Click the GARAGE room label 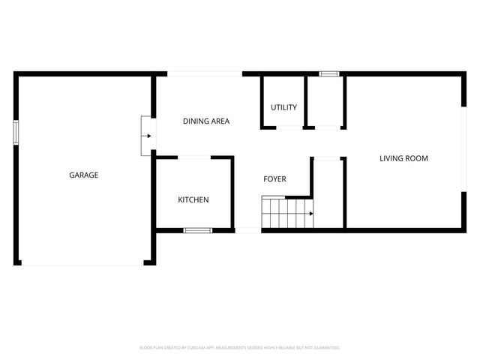pos(84,175)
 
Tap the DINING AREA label pos(206,121)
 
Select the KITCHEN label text pos(193,199)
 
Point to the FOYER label pos(274,178)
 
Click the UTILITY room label pos(284,107)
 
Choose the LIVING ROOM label pos(403,158)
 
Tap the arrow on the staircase pos(309,214)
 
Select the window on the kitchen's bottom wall pos(198,230)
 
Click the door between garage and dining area pos(145,136)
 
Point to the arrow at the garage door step pos(149,136)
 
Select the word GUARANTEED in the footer pos(325,348)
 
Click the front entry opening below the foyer pos(248,230)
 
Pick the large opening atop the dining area pos(204,73)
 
